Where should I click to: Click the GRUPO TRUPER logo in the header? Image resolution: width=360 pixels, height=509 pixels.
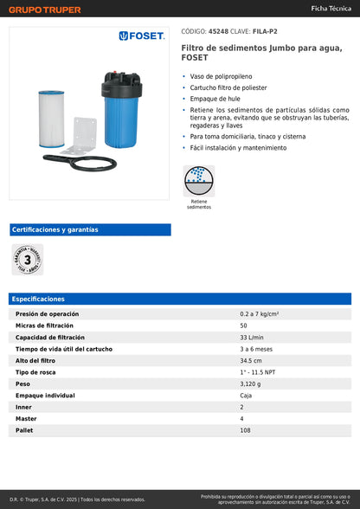coord(44,10)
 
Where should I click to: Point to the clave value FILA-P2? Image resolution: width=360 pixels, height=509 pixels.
coord(265,29)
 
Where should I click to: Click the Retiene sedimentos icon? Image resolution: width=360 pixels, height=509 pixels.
coord(199,182)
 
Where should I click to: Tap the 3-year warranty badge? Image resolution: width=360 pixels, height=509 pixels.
coord(27,259)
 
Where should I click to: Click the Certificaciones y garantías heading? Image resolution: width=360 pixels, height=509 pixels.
coord(55,229)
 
